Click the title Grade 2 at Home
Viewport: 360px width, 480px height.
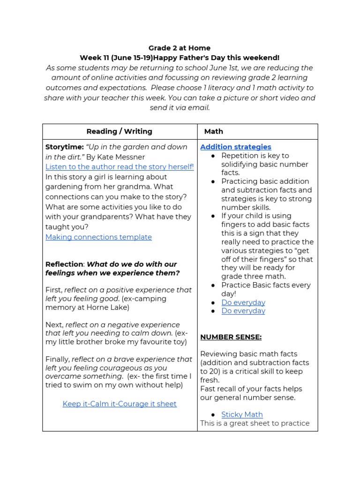pyautogui.click(x=180, y=48)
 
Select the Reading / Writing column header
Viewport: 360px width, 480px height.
pyautogui.click(x=120, y=132)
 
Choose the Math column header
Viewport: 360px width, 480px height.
pyautogui.click(x=214, y=132)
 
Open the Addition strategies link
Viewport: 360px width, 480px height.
pyautogui.click(x=236, y=147)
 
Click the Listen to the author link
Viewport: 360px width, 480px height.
pyautogui.click(x=120, y=167)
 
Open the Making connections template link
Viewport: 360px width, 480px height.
pyautogui.click(x=98, y=237)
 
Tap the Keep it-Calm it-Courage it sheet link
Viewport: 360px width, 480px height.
pyautogui.click(x=120, y=404)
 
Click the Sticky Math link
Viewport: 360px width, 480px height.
pyautogui.click(x=242, y=414)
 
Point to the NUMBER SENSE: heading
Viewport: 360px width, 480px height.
pyautogui.click(x=231, y=337)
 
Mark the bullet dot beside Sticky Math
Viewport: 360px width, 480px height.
pyautogui.click(x=213, y=415)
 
